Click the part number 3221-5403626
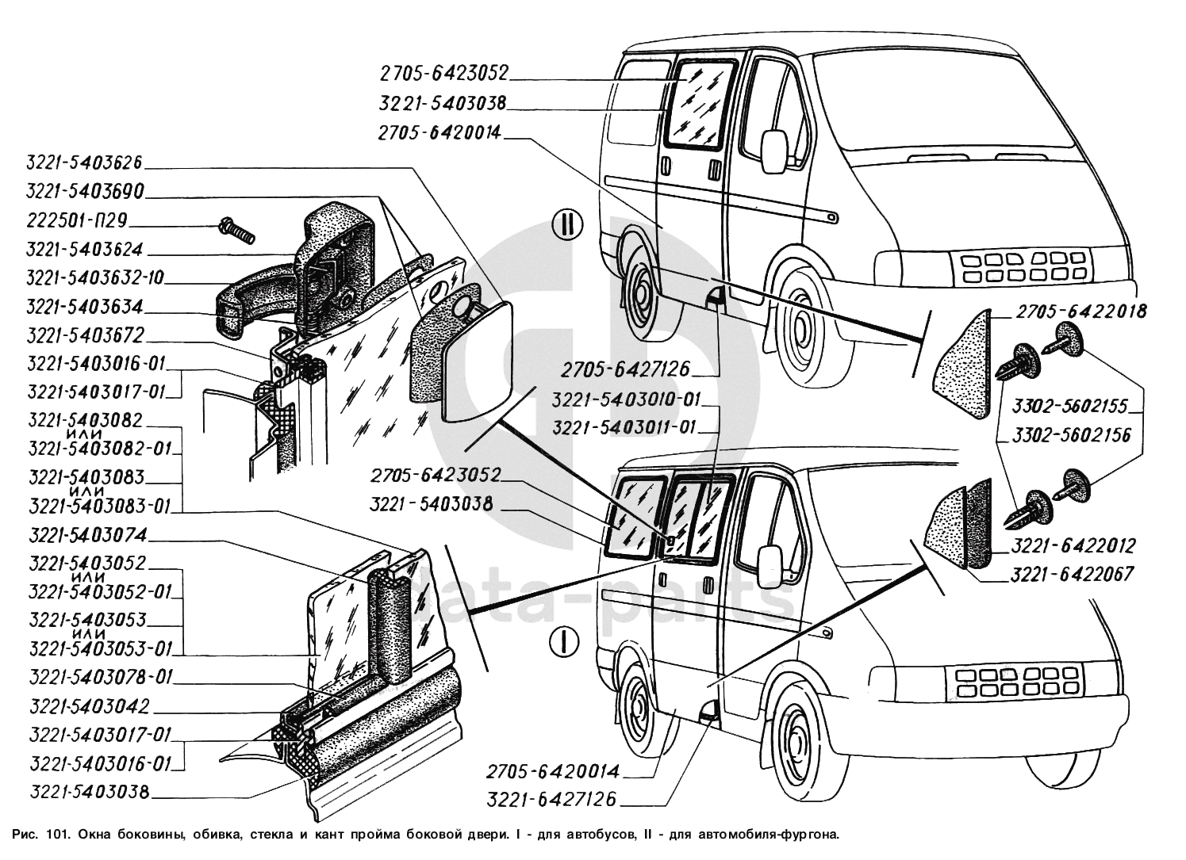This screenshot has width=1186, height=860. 84,162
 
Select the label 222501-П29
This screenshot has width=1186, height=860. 77,220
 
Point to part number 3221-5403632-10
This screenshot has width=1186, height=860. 96,278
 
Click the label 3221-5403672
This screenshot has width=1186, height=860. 85,335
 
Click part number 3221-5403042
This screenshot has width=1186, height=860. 88,705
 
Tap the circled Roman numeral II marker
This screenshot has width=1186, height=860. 566,224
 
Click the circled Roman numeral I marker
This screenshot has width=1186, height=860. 565,640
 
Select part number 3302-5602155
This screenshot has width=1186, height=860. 1070,407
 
